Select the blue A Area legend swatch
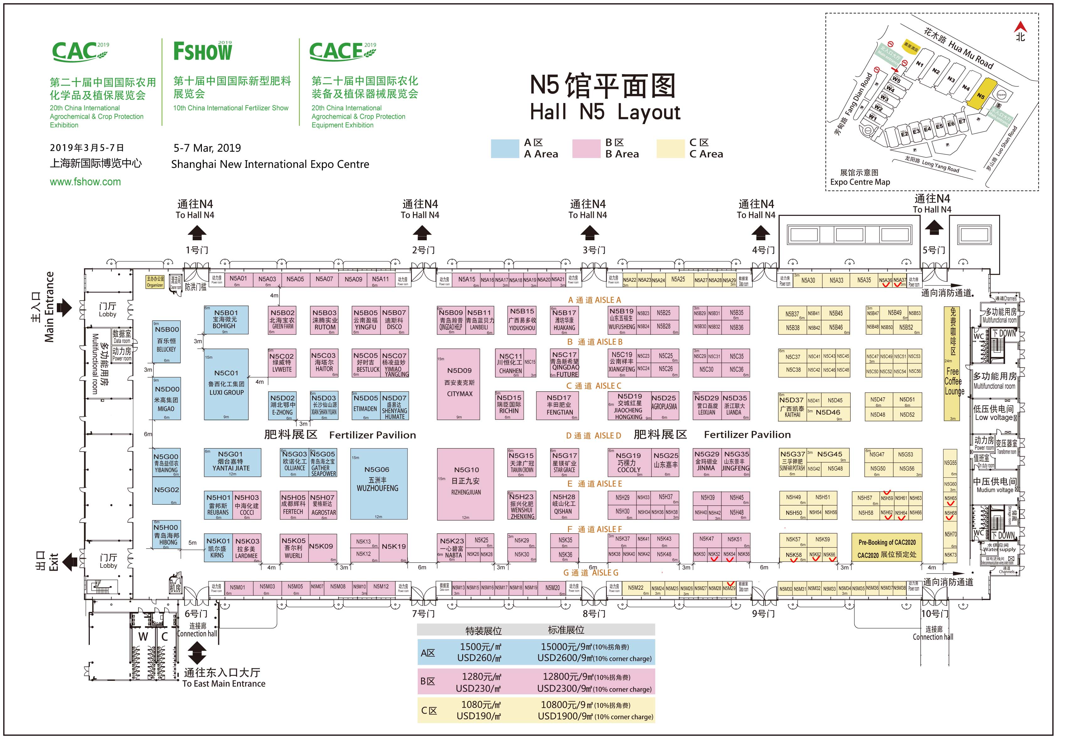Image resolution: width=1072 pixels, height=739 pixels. pos(505,149)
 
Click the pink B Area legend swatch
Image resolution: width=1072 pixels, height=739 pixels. pos(586,149)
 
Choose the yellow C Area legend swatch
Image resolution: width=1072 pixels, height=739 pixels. pos(670,149)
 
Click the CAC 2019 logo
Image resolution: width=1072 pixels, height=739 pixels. pos(80,52)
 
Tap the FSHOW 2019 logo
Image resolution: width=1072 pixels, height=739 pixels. pos(203,51)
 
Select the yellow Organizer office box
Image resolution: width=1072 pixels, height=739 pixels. pos(155,282)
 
